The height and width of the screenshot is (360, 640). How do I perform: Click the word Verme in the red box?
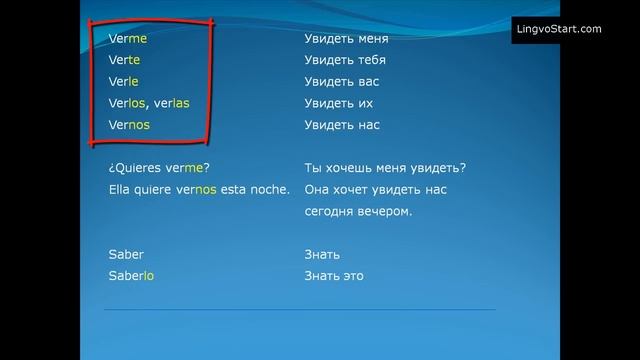click(x=127, y=38)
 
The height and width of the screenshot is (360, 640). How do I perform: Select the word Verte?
click(x=124, y=60)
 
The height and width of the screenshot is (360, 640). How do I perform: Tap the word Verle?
click(x=123, y=81)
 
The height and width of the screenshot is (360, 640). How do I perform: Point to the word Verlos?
click(x=128, y=103)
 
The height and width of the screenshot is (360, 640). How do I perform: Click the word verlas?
click(x=172, y=103)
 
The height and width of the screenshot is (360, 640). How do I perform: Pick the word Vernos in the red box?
click(x=129, y=125)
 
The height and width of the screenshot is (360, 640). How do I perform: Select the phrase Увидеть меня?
click(x=346, y=38)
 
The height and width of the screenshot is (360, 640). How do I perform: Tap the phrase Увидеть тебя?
click(x=345, y=60)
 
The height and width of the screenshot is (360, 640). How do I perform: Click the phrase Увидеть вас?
click(x=341, y=81)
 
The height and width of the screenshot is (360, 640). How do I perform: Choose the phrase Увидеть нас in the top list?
click(x=342, y=125)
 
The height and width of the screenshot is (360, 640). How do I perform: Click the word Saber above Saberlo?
click(x=125, y=254)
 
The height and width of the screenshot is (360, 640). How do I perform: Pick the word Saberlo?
click(x=131, y=276)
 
